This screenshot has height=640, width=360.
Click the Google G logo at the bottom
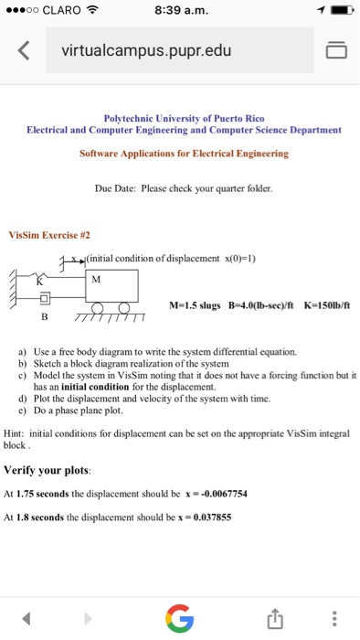tap(180, 619)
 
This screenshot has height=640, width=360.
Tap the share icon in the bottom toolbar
tap(271, 619)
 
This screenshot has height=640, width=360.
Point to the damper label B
tap(42, 317)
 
